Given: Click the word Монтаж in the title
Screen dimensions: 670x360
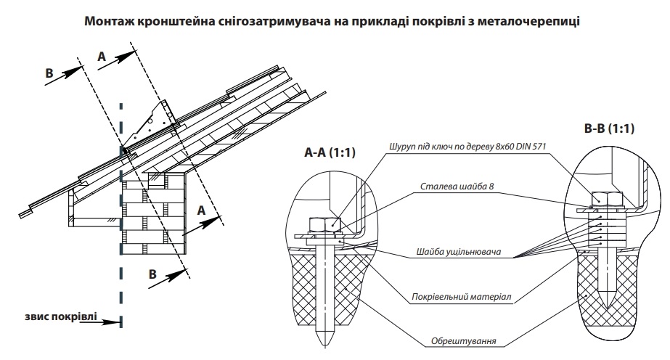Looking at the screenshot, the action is pos(110,21).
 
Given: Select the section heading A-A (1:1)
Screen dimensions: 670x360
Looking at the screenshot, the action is pos(330,152).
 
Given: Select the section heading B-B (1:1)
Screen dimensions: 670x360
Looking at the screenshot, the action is pos(609,128).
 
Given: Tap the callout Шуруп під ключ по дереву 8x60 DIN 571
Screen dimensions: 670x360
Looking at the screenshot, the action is pos(467,147).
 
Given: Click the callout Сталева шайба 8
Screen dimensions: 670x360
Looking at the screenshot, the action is pos(457,187).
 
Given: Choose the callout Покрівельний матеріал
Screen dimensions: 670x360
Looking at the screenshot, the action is pos(461,296).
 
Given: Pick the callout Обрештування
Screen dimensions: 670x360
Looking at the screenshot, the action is pos(464,341).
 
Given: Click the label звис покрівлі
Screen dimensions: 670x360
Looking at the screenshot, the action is pos(61,317).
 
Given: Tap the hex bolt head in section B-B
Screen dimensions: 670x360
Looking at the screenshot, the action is pos(606,199).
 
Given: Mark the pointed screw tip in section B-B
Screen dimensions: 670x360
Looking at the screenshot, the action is pos(607,300).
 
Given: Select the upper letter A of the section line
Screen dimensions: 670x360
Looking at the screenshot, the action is pos(102,57).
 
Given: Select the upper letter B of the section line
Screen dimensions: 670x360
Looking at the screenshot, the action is pos(49,73).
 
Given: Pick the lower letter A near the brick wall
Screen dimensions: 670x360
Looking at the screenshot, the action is pos(201,210).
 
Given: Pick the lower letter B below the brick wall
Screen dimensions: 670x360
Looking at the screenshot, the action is pos(152,274).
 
